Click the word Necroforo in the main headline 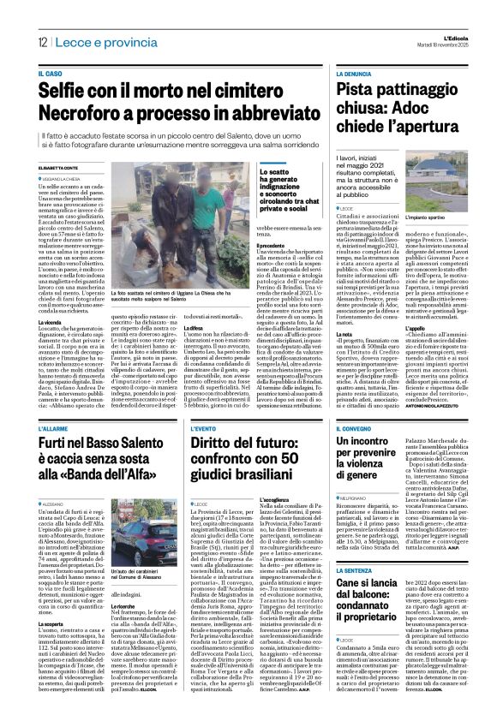[85, 115]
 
